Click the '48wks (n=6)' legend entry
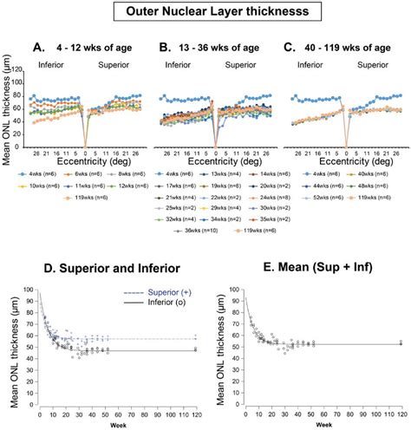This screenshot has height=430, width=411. [374, 186]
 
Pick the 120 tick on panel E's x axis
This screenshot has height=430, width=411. [401, 410]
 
